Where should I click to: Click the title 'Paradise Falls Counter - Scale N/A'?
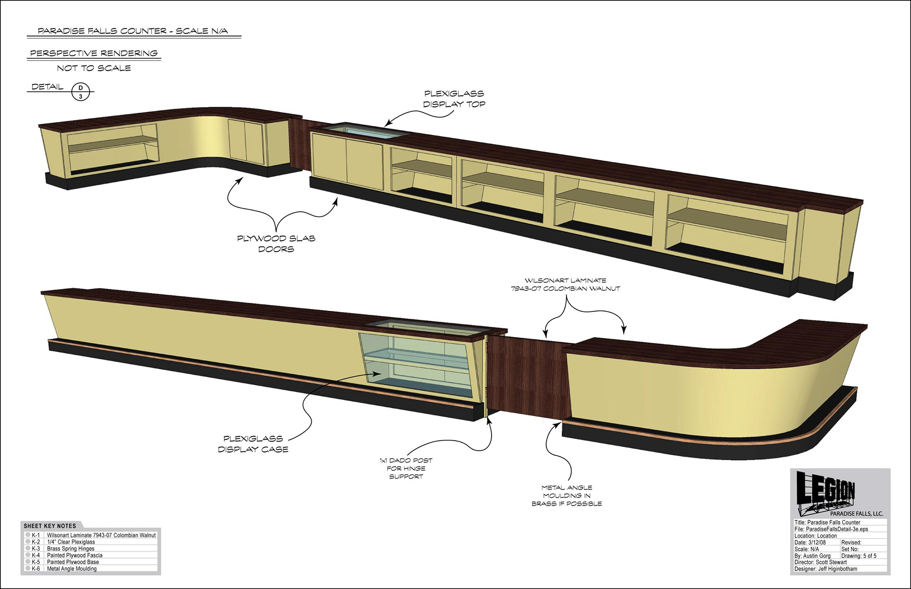click(x=133, y=31)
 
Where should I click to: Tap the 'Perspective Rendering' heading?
click(x=94, y=54)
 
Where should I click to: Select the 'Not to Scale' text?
click(x=94, y=68)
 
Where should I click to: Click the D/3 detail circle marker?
click(x=81, y=92)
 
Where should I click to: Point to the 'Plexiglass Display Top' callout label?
click(x=454, y=99)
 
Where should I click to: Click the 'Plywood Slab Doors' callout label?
click(x=276, y=244)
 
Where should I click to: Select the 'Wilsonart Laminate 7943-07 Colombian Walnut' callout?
click(x=565, y=284)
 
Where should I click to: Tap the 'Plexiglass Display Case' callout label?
click(x=253, y=444)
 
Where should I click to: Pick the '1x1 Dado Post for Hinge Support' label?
click(x=406, y=468)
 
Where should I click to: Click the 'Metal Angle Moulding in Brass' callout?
click(x=567, y=495)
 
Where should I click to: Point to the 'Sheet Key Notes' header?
click(x=50, y=526)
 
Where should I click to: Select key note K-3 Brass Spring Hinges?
click(x=71, y=549)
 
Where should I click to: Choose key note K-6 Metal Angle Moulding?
click(x=72, y=569)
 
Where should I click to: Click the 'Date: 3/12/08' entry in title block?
click(x=810, y=543)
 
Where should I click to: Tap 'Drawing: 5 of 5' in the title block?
click(x=859, y=556)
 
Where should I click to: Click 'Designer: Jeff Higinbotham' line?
click(x=826, y=569)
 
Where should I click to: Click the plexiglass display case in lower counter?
click(x=418, y=365)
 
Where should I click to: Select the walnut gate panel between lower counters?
click(x=524, y=374)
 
